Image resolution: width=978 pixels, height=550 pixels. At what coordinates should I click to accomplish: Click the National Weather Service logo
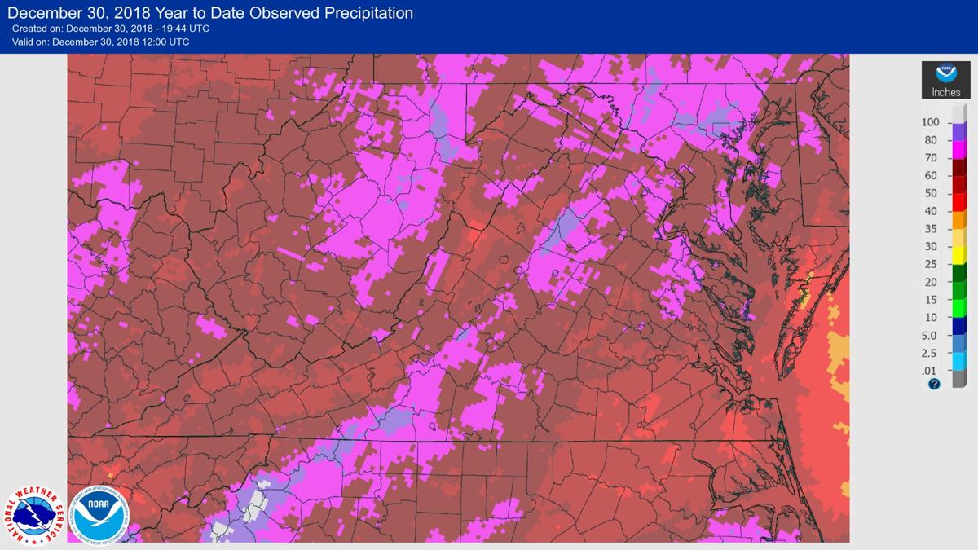[x=35, y=516]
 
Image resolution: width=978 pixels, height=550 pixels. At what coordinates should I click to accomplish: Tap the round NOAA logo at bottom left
[x=99, y=514]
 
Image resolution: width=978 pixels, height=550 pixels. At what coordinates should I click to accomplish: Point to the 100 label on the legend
[x=930, y=122]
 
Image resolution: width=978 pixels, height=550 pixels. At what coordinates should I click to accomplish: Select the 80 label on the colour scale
[x=930, y=140]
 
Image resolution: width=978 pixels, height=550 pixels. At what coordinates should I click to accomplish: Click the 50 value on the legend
[x=930, y=193]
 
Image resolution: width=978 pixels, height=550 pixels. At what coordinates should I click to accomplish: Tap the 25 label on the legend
[x=930, y=264]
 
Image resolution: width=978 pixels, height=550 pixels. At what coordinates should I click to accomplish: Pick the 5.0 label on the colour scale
[x=930, y=335]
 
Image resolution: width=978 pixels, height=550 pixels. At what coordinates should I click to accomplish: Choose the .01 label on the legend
[x=930, y=371]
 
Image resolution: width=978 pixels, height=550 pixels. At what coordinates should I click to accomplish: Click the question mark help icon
[x=934, y=384]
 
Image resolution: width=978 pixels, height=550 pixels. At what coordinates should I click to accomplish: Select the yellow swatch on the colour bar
[x=959, y=255]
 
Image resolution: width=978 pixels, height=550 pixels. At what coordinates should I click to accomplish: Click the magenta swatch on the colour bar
[x=959, y=148]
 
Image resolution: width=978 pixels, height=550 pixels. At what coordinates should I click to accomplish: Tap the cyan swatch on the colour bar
[x=959, y=361]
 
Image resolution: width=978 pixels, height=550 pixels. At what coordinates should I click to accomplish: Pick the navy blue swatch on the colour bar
[x=959, y=326]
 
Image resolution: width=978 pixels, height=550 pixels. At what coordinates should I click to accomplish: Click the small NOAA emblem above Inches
[x=945, y=74]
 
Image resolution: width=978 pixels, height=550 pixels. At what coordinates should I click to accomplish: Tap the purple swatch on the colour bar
[x=959, y=131]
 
